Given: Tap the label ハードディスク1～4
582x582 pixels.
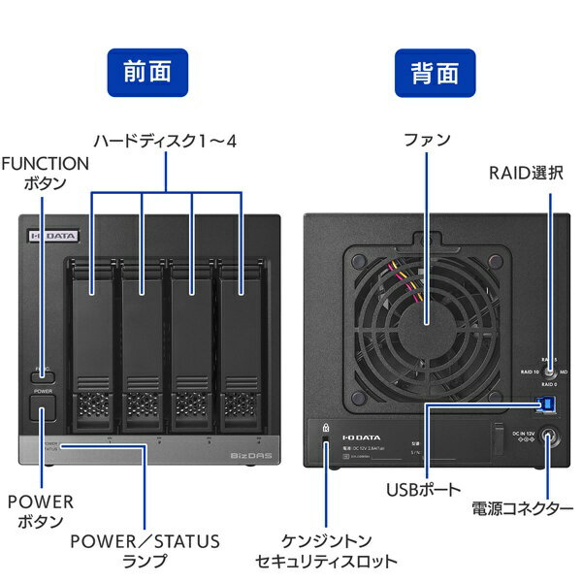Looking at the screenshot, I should [164, 142].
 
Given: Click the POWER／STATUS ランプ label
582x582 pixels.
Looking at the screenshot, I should [145, 550].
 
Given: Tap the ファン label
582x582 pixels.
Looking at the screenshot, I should [427, 141].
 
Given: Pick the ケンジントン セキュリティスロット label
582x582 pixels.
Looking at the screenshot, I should [326, 550].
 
